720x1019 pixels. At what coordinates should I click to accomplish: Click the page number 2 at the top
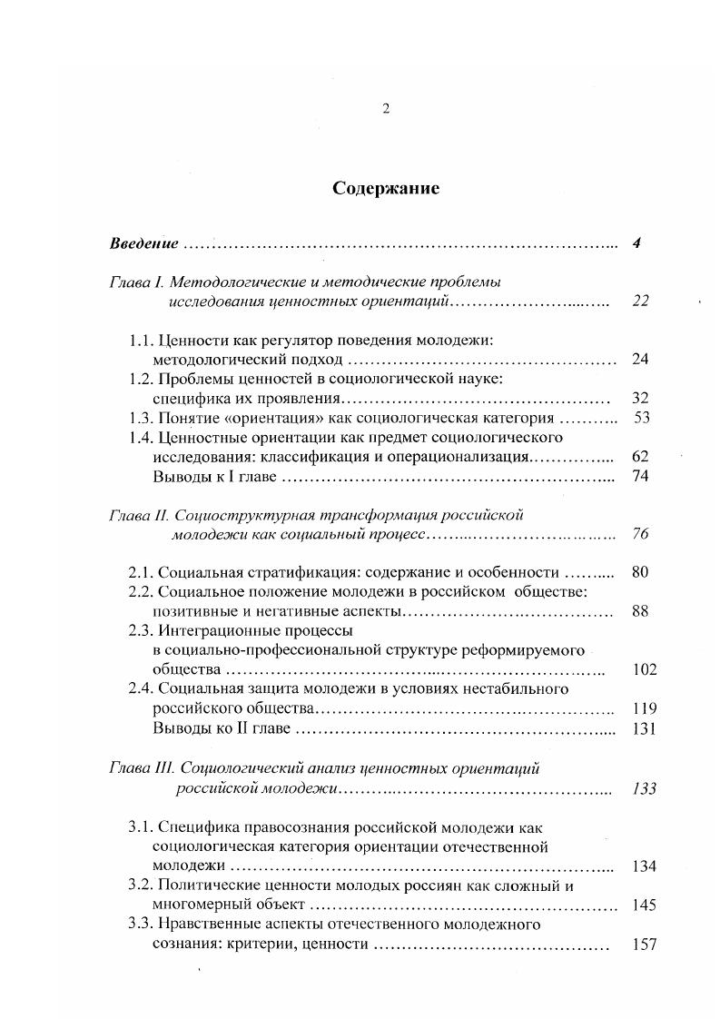coord(386,109)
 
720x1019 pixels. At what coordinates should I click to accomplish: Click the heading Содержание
coord(385,189)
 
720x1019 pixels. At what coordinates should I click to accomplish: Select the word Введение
coord(143,243)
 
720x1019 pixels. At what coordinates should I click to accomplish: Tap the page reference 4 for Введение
coord(637,243)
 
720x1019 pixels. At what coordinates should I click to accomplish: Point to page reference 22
coord(640,302)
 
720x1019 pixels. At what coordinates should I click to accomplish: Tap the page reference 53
coord(640,419)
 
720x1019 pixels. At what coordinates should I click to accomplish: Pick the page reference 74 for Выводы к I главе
coord(640,476)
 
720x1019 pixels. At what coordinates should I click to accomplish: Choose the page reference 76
coord(640,534)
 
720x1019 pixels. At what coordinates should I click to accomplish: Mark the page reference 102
coord(643,670)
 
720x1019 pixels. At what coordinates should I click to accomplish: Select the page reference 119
coord(643,709)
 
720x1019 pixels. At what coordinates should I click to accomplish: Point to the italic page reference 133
coord(643,788)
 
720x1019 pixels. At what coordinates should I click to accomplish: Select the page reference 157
coord(643,945)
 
